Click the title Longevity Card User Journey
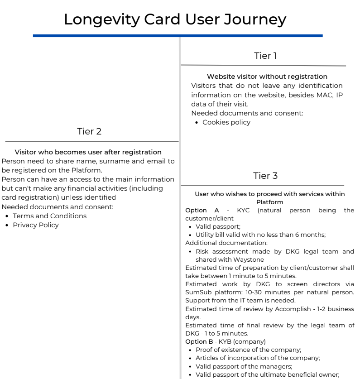[175, 19]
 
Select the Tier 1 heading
[265, 56]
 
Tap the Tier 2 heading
[89, 131]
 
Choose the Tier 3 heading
[265, 176]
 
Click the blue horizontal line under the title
[178, 35]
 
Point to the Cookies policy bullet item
[226, 122]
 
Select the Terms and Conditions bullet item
[49, 216]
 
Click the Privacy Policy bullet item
[36, 225]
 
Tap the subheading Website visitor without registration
[267, 77]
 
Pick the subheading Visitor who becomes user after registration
[88, 152]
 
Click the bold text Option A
[202, 211]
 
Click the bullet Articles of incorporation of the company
[257, 358]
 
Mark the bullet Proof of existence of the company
[248, 350]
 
